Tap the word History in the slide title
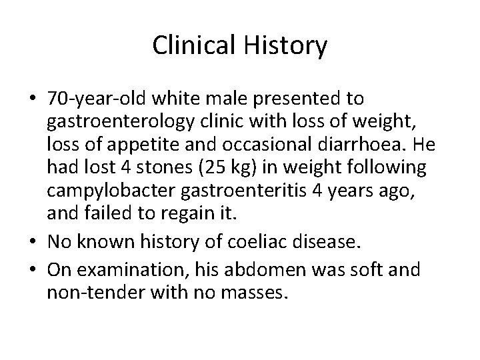pos(286,46)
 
